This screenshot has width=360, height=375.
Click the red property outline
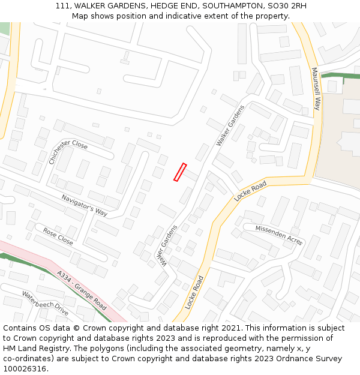[180, 172]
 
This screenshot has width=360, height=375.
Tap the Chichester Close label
[68, 152]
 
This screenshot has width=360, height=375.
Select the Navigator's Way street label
[84, 205]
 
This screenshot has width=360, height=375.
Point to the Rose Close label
[58, 236]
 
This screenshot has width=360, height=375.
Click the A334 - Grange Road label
[82, 290]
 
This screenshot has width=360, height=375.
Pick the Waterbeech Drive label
[45, 303]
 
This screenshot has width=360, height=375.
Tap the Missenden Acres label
[279, 235]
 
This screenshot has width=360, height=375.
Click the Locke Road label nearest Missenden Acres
[250, 191]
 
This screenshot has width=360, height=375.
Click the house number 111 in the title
[62, 5]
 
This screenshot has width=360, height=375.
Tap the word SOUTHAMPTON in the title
[232, 5]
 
